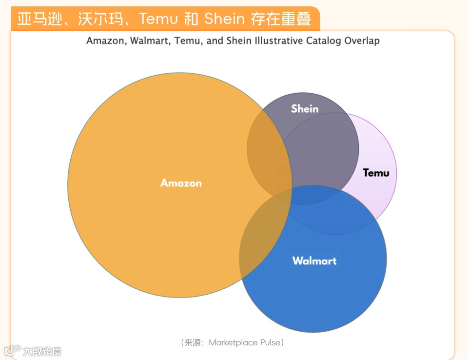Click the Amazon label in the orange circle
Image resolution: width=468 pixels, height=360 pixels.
[181, 183]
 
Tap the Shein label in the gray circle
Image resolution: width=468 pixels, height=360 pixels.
[305, 109]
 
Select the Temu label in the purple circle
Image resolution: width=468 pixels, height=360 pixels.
[376, 173]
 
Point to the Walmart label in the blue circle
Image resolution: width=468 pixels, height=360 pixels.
[314, 260]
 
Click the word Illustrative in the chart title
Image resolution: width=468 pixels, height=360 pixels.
[279, 40]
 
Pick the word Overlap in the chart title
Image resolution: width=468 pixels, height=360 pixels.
[362, 40]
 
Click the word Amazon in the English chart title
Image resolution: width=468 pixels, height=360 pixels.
[106, 40]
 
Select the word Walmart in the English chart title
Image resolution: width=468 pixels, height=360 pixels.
[148, 40]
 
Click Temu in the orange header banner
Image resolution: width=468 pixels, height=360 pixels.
[157, 19]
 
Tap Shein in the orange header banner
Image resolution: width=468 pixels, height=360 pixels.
[224, 19]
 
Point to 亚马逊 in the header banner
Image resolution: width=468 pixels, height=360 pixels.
[40, 19]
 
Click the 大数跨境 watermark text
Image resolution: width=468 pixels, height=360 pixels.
[42, 351]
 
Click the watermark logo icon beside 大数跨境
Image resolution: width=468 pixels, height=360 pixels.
[12, 350]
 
